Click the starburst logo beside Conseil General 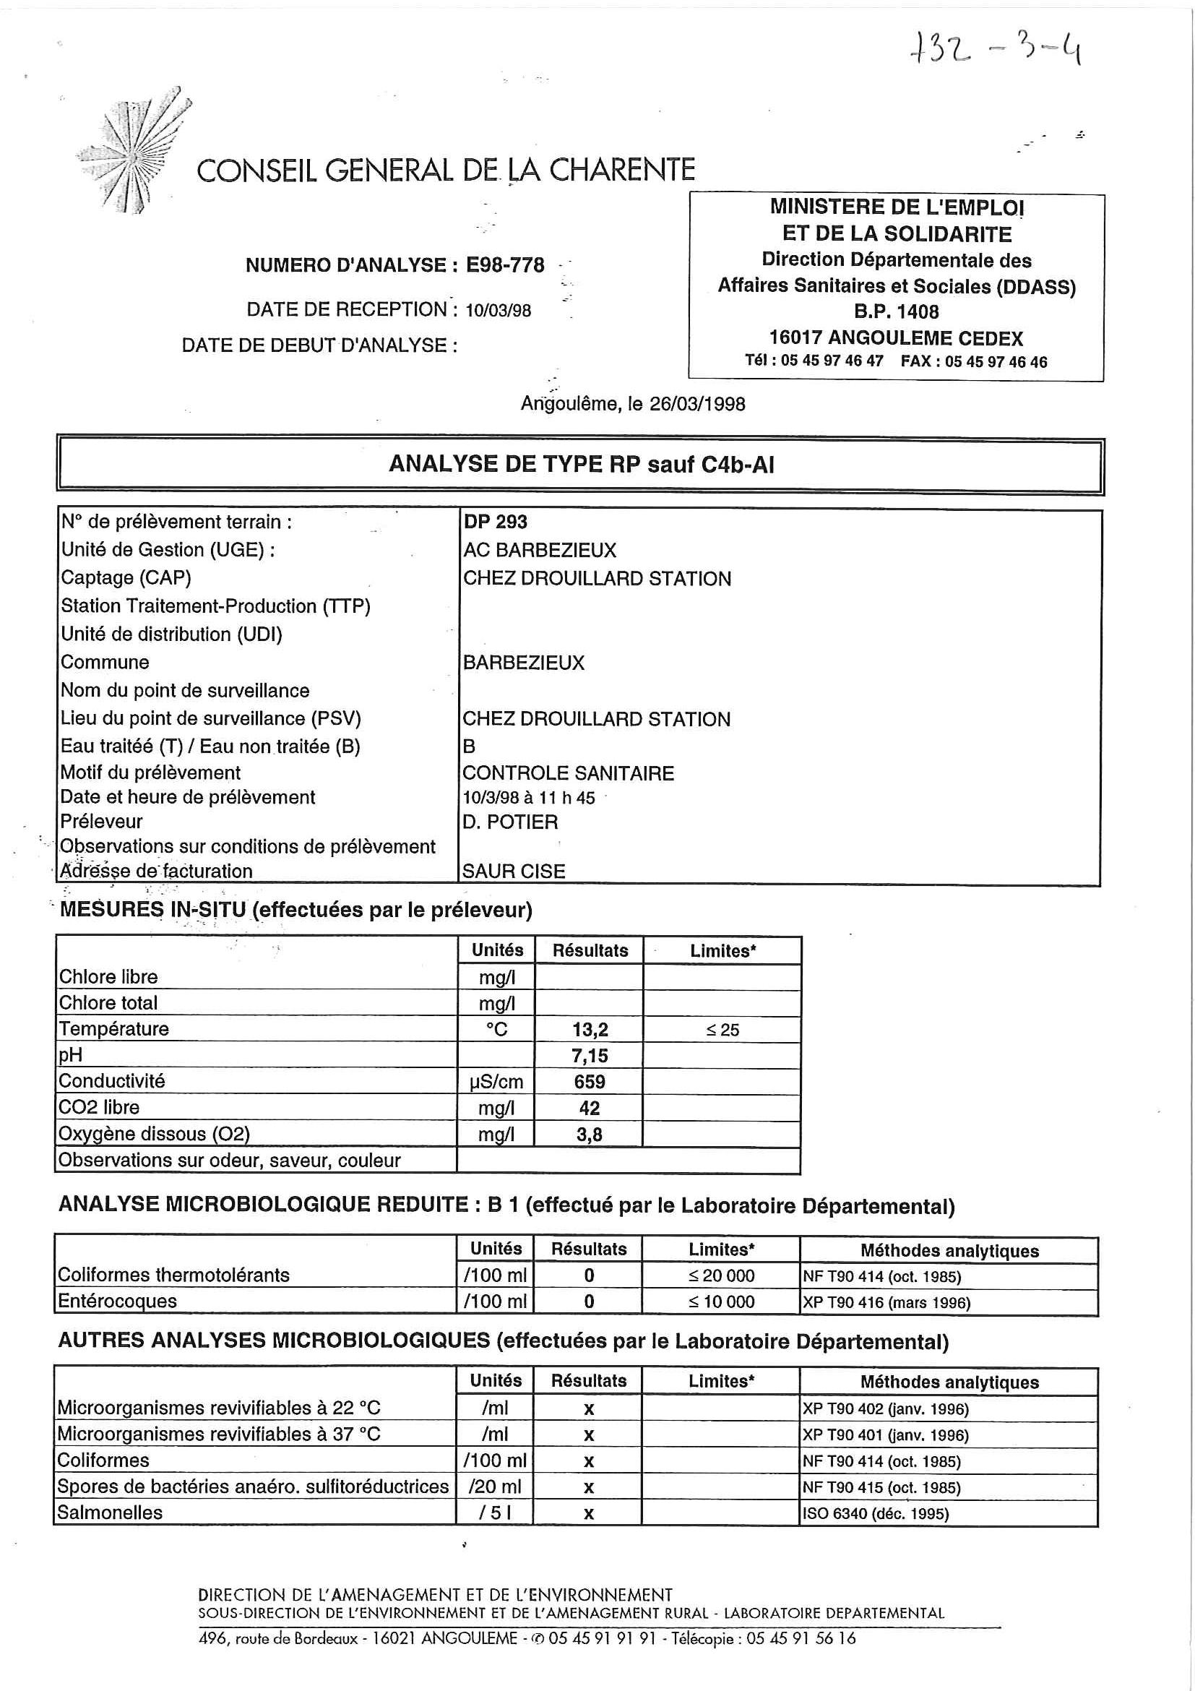(x=132, y=153)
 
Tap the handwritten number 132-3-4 (x=995, y=50)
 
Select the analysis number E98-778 (x=505, y=265)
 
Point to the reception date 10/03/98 (x=498, y=310)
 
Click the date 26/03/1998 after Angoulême (x=697, y=404)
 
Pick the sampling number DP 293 (x=496, y=522)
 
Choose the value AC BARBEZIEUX (x=540, y=549)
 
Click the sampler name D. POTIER (x=510, y=821)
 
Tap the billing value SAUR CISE (x=514, y=871)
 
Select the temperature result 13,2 (x=590, y=1029)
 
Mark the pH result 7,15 (x=590, y=1055)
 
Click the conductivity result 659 (x=590, y=1081)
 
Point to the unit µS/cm (x=496, y=1081)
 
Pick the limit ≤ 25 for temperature (x=722, y=1030)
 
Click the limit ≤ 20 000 (x=722, y=1275)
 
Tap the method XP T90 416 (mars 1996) (x=886, y=1302)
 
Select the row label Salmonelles (x=110, y=1512)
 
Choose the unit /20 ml (x=495, y=1486)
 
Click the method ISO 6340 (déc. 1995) (x=876, y=1513)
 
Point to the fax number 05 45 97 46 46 (x=996, y=361)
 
